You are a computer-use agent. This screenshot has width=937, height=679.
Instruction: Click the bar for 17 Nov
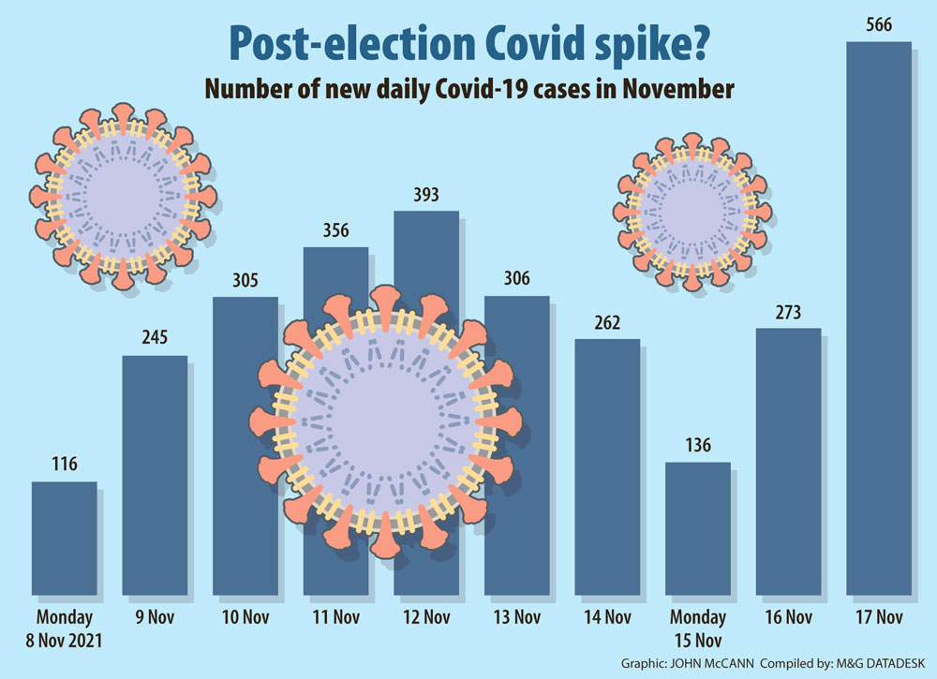878,318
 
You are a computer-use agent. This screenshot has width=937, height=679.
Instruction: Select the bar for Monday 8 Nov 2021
65,539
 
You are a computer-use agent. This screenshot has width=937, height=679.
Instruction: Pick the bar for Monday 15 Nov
698,528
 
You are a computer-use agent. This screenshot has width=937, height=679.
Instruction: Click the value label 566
879,25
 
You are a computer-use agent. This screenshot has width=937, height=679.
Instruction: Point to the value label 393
425,196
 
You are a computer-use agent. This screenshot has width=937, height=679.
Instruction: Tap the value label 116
65,465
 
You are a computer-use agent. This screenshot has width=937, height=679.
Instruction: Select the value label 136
698,446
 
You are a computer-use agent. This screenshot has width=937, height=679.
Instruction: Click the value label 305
245,280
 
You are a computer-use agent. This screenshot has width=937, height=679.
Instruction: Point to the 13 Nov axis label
516,618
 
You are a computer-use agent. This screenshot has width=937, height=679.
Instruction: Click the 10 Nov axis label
245,618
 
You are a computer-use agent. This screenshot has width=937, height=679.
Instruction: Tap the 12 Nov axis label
425,618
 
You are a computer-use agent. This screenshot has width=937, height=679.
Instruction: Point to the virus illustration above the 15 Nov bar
694,211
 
